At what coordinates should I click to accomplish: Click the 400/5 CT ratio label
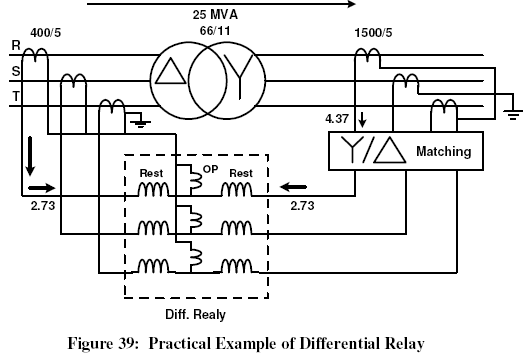point(46,33)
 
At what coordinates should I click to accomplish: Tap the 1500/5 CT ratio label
point(373,33)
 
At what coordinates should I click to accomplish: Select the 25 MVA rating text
point(215,15)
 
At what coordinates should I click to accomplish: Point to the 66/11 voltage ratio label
point(215,31)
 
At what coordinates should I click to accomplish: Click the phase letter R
point(16,45)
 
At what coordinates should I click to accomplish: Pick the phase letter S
point(16,71)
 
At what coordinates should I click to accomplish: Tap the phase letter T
point(16,97)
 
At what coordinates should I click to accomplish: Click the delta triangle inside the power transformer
point(170,71)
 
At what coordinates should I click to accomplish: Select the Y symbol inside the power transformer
point(240,76)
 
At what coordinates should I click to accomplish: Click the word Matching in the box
point(443,151)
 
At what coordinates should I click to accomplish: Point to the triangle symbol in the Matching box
point(389,150)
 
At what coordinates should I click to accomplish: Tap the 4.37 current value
point(337,119)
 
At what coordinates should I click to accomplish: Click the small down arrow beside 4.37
point(362,120)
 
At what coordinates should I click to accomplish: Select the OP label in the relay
point(211,169)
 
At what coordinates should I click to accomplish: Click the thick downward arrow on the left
point(30,156)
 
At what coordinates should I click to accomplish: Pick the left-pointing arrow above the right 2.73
point(293,187)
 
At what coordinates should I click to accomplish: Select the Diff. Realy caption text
point(196,315)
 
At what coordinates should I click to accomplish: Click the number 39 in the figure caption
point(126,343)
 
